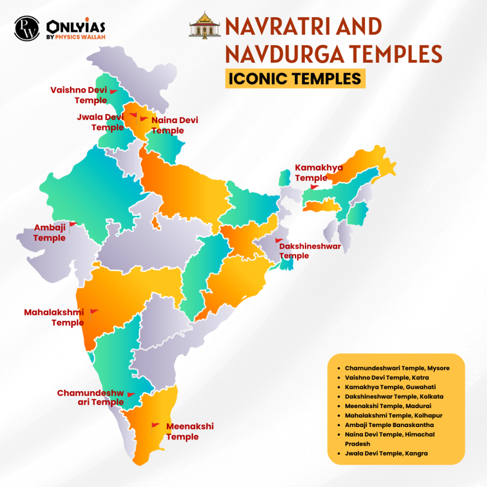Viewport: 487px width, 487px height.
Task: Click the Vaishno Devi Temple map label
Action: click(x=78, y=95)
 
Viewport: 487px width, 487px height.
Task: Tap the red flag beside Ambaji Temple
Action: click(x=72, y=224)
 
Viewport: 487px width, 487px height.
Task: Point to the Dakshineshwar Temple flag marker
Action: click(x=279, y=241)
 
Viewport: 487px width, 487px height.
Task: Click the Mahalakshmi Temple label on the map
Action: click(x=54, y=318)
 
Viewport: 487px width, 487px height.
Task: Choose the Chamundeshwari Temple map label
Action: click(x=90, y=398)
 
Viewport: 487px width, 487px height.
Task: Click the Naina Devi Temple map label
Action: click(x=175, y=126)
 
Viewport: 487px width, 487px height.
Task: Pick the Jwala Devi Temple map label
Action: click(x=100, y=122)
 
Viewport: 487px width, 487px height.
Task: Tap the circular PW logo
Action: click(x=27, y=29)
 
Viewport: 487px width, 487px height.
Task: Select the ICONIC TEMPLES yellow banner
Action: click(x=295, y=78)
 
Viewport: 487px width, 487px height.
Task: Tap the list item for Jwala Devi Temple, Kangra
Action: click(x=386, y=453)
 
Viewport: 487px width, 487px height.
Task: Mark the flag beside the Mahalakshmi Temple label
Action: click(x=93, y=312)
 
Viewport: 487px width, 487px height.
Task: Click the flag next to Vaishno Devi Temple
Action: click(x=113, y=91)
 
